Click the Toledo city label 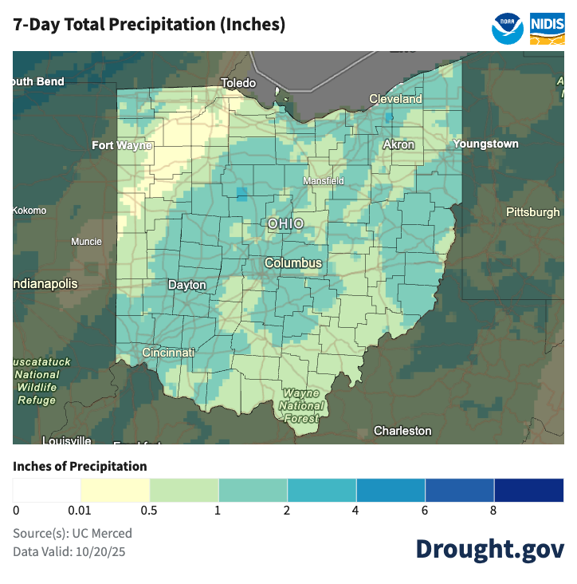(x=238, y=83)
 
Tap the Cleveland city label (x=395, y=99)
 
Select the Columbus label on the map (x=293, y=262)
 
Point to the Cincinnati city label (x=168, y=352)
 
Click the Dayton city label (x=186, y=285)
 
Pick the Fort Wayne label (x=123, y=145)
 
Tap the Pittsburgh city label (x=532, y=212)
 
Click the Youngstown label (x=485, y=144)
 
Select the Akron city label (x=398, y=144)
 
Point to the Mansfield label (x=324, y=181)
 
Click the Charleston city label (x=402, y=431)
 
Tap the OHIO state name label (x=285, y=223)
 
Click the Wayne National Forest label (x=300, y=405)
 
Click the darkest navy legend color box (x=529, y=490)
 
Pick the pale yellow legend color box (x=116, y=490)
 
